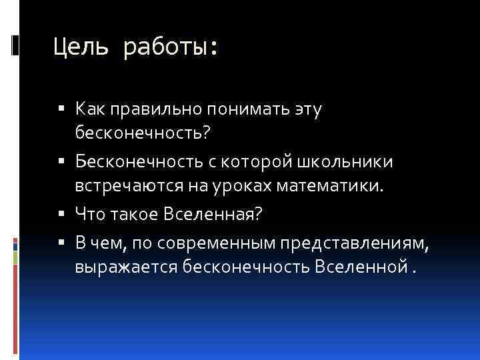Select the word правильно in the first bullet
click(x=142, y=108)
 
